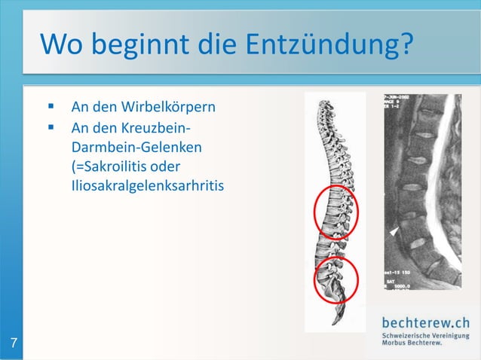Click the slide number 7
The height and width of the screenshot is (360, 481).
[14, 345]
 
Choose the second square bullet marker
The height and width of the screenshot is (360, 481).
[51, 127]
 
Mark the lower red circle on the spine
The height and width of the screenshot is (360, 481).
[334, 279]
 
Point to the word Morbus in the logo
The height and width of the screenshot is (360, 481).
[396, 343]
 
